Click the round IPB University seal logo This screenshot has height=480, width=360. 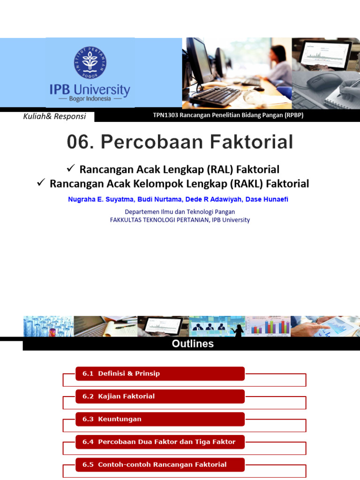pos(90,62)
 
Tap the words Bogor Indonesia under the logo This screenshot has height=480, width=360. pos(90,99)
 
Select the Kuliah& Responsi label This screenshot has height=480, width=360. pos(54,116)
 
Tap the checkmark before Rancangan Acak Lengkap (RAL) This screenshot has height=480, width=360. pos(71,168)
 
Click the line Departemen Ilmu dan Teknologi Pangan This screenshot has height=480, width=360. pos(180,212)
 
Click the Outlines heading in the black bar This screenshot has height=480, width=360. pos(193,344)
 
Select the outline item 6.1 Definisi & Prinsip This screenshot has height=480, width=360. pos(121,374)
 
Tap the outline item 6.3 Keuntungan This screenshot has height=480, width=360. pos(112,419)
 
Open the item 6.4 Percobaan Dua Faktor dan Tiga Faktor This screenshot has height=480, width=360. pos(159,442)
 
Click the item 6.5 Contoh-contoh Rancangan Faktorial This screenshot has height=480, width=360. pos(154,465)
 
